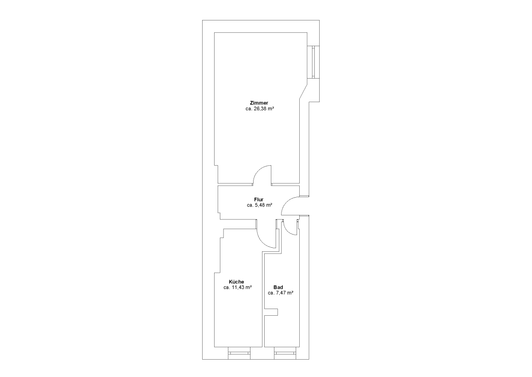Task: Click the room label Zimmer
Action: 259,103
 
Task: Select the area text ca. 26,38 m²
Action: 260,109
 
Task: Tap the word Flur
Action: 258,199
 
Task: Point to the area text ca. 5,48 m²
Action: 259,205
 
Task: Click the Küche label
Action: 236,282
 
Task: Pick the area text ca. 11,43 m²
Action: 238,287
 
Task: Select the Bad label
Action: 278,287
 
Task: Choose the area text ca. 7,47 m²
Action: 280,293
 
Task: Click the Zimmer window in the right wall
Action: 313,62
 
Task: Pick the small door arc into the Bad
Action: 287,231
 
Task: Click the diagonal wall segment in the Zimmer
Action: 303,91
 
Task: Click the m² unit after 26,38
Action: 271,109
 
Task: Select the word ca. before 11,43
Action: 227,288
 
